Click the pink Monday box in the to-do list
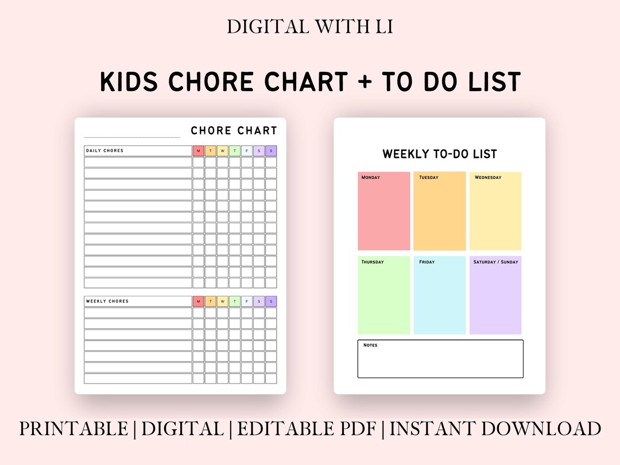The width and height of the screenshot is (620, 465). click(x=384, y=211)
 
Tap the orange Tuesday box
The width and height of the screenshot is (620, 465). click(x=440, y=211)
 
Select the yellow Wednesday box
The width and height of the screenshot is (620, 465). click(x=495, y=211)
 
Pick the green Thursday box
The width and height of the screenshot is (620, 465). click(x=384, y=295)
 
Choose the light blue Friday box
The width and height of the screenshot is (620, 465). click(x=440, y=295)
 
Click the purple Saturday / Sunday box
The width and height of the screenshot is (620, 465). click(x=495, y=295)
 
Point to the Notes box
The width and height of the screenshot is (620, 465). click(x=440, y=359)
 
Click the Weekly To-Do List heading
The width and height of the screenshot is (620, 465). click(x=440, y=154)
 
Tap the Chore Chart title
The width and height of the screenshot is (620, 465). click(x=234, y=131)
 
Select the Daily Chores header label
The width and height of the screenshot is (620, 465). click(x=105, y=151)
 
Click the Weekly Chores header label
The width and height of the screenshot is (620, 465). click(x=107, y=301)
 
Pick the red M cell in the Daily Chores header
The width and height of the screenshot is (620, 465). click(x=199, y=151)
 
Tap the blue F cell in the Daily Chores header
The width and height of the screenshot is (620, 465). click(x=247, y=151)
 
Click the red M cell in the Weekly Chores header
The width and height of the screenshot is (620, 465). click(x=199, y=301)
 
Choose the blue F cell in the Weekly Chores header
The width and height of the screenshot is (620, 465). click(x=247, y=301)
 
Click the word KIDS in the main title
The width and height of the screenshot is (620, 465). click(x=130, y=82)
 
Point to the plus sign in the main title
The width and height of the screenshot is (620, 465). click(x=363, y=82)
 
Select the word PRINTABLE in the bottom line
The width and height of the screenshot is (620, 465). click(x=73, y=429)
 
